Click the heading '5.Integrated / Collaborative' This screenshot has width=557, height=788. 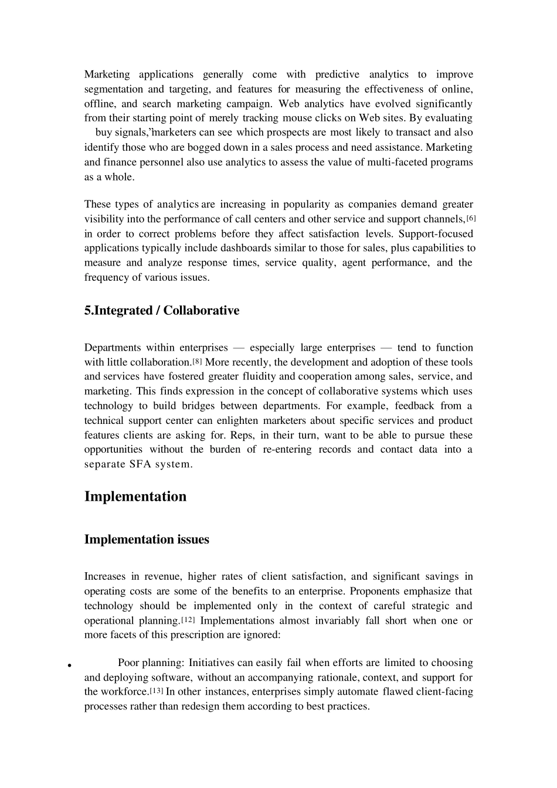point(161,311)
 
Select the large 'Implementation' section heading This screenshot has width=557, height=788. point(135,497)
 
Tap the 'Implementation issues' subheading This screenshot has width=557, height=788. point(147,539)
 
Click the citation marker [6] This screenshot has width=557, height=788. point(471,218)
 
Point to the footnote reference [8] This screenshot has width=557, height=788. point(197,362)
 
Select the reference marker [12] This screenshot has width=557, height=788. point(188,620)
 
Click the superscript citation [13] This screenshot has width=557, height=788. point(157,691)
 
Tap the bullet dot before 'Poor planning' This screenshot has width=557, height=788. point(69,665)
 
